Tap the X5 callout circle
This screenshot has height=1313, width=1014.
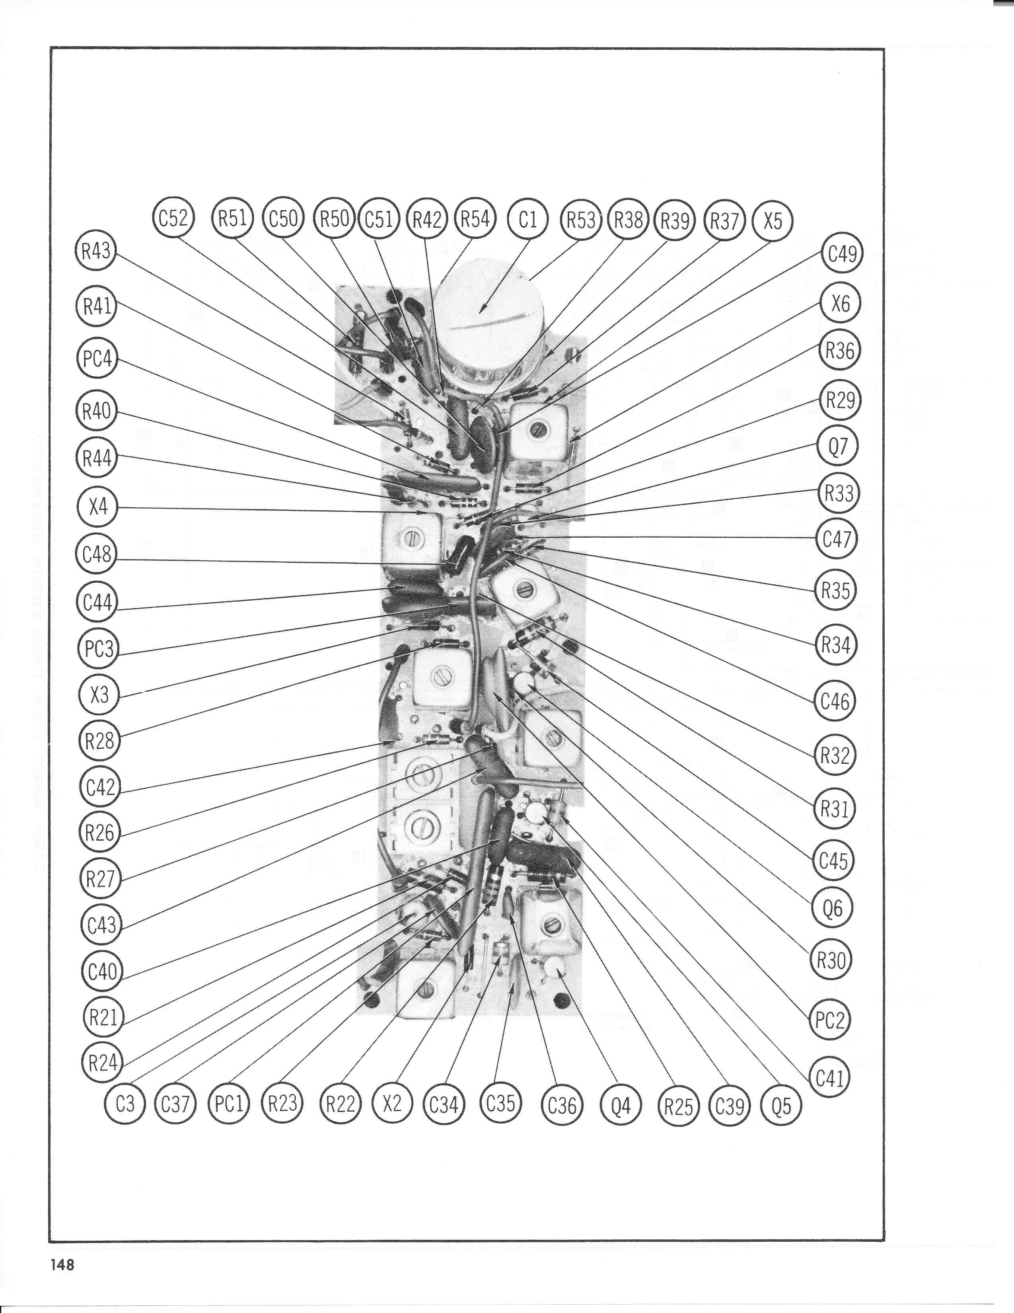[x=773, y=221]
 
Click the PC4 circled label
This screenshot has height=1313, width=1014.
[x=97, y=359]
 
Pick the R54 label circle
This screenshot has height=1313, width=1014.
[x=475, y=219]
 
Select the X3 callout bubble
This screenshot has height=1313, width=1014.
[x=99, y=695]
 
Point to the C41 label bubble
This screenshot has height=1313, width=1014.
[x=831, y=1077]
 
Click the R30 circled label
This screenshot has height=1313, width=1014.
[x=831, y=960]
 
